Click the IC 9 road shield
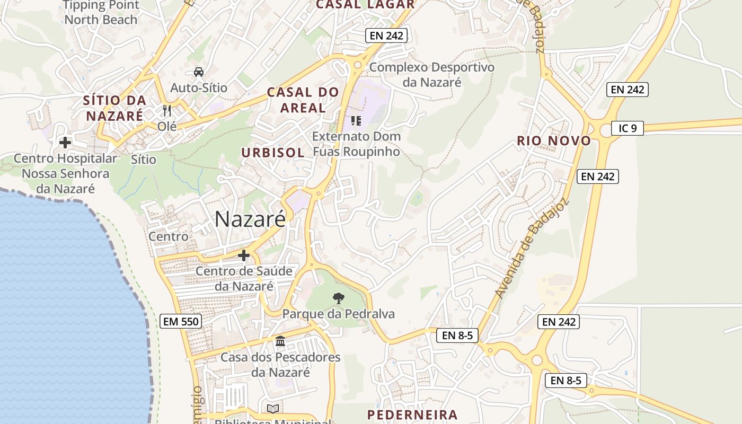click(x=627, y=128)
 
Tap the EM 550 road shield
click(x=180, y=321)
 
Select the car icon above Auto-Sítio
click(x=198, y=72)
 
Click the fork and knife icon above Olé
click(x=167, y=110)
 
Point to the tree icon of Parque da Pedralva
click(x=338, y=298)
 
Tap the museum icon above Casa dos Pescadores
click(x=280, y=341)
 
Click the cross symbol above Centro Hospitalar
click(x=65, y=143)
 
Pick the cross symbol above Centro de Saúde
click(x=244, y=255)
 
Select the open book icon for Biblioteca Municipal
click(x=273, y=409)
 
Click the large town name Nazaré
click(x=250, y=219)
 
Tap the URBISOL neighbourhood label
click(x=273, y=153)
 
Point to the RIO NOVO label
click(x=554, y=141)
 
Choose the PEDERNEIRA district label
click(x=412, y=414)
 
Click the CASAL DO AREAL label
click(x=303, y=100)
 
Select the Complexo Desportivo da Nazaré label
click(x=431, y=75)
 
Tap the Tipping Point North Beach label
click(x=101, y=13)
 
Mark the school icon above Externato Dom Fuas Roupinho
click(x=356, y=121)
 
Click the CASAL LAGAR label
click(x=365, y=4)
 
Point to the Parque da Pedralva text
click(x=338, y=314)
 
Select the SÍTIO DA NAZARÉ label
click(x=114, y=108)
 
